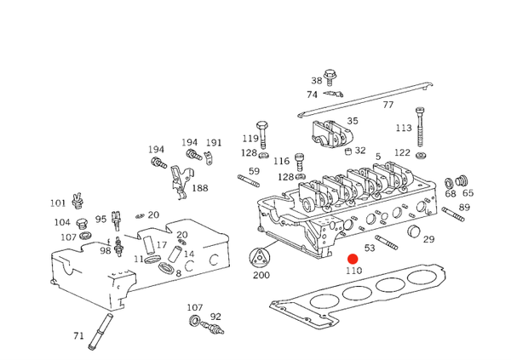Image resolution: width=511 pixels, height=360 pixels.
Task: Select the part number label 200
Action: click(261, 276)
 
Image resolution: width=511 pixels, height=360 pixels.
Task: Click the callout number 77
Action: click(388, 105)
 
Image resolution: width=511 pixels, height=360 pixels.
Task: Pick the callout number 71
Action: click(78, 335)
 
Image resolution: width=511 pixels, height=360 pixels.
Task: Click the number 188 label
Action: click(199, 188)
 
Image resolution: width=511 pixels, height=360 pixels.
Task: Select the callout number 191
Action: click(213, 143)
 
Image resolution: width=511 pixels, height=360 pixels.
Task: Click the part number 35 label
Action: click(353, 121)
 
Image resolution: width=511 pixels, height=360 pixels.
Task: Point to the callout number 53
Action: click(370, 249)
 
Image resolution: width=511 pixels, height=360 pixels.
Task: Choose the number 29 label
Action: click(428, 239)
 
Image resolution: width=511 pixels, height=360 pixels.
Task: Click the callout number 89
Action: click(464, 208)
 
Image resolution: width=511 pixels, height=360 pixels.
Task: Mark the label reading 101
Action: click(57, 203)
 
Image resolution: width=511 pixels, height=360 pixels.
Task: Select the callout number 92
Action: click(215, 317)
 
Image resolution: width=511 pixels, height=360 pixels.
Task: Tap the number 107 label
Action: click(195, 307)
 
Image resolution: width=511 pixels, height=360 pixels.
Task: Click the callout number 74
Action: click(312, 94)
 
